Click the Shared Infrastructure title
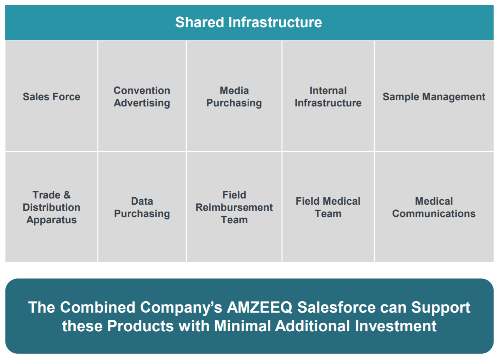coord(249,22)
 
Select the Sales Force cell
coord(52,96)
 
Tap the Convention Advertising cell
coord(142,96)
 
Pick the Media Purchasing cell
coord(234,96)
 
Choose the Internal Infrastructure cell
coord(328,96)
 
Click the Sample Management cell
coord(434,96)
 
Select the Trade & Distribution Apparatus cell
coord(52,207)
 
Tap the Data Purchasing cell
coord(142,207)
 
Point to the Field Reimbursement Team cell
coord(234,207)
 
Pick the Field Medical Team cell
coord(328,207)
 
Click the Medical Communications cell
coord(434,207)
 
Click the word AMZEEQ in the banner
coord(259,308)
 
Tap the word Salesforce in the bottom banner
coord(336,307)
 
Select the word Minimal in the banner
coord(242,326)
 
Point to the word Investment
coord(395,326)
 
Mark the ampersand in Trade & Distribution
coord(67,195)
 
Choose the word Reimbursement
coord(234,207)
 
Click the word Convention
coord(142,90)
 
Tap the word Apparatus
coord(52,220)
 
